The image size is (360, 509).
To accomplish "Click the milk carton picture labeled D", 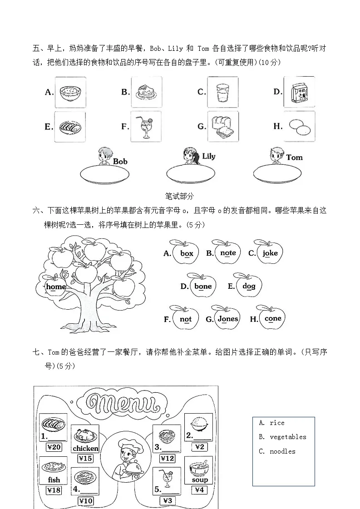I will (x=299, y=92).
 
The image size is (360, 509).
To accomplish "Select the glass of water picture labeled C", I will (x=222, y=92).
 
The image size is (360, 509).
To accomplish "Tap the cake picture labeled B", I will (x=146, y=92).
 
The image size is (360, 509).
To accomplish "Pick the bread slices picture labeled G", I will (x=223, y=127).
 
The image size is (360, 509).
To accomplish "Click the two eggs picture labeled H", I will (x=299, y=127).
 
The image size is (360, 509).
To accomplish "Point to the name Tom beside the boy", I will (x=294, y=158).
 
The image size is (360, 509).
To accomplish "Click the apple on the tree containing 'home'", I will (x=55, y=286).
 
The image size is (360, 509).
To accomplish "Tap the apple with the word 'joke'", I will (x=270, y=253).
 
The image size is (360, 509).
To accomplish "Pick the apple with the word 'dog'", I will (x=248, y=286).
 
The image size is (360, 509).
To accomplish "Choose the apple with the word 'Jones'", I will (x=227, y=318).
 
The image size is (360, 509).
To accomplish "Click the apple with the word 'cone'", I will (x=272, y=318).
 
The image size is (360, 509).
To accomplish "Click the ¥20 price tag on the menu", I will (x=54, y=447).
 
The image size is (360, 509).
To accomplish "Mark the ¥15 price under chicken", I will (x=85, y=458).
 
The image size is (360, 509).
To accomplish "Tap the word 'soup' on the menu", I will (x=199, y=479).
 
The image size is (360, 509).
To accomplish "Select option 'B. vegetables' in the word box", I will (x=283, y=437).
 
